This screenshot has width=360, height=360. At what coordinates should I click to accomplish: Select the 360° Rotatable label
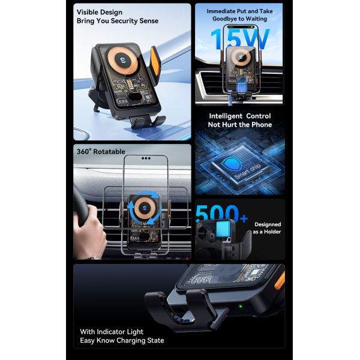click(x=100, y=151)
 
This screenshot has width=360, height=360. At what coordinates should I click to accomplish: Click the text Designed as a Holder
click(x=267, y=228)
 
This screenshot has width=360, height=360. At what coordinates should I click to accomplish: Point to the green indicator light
click(x=241, y=310)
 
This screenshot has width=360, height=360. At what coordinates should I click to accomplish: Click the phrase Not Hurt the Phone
click(x=240, y=125)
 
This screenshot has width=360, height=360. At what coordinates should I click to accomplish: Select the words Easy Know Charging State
click(x=122, y=341)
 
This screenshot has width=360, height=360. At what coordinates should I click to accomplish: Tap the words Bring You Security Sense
click(x=118, y=21)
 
